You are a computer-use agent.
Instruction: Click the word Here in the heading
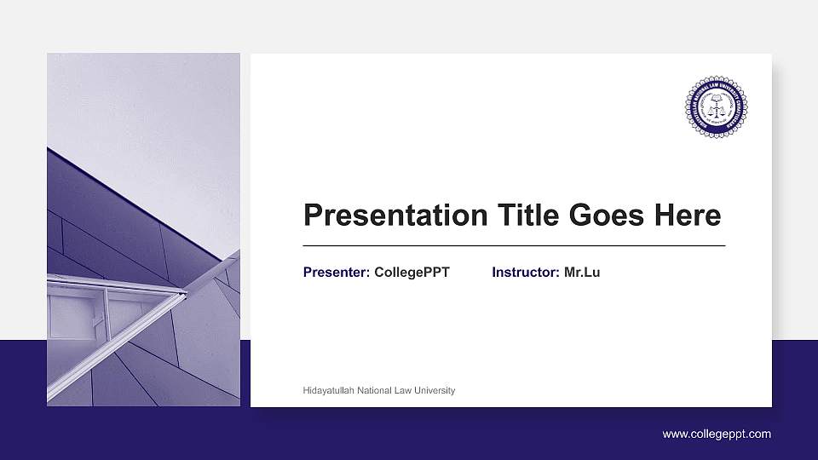click(x=687, y=216)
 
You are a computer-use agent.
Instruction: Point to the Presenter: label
click(x=337, y=273)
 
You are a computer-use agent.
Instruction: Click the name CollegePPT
click(x=412, y=273)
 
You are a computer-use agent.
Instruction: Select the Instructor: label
click(x=526, y=273)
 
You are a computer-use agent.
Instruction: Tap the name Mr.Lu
click(x=582, y=273)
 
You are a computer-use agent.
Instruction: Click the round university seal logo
click(x=716, y=107)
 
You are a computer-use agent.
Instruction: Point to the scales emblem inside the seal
click(x=716, y=106)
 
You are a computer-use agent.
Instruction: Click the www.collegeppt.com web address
click(x=717, y=434)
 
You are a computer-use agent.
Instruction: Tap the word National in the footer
click(x=377, y=390)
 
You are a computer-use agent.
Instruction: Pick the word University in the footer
click(x=436, y=390)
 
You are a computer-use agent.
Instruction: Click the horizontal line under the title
click(x=514, y=245)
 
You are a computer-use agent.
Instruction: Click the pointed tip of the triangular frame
click(x=184, y=294)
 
